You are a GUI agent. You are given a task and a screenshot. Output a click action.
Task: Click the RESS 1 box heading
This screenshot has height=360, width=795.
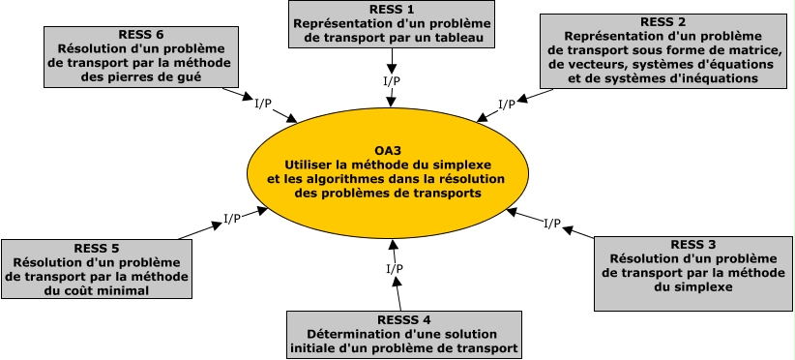pyautogui.click(x=392, y=9)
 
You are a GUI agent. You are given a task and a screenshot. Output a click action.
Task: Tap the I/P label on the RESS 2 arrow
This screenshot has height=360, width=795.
pyautogui.click(x=506, y=104)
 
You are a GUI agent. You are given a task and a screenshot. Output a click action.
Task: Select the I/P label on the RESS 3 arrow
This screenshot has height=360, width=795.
pyautogui.click(x=551, y=223)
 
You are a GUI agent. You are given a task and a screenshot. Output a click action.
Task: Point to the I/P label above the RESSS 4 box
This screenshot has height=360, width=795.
pyautogui.click(x=394, y=268)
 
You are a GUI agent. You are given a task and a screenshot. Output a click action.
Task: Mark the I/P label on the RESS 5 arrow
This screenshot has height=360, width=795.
pyautogui.click(x=232, y=218)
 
